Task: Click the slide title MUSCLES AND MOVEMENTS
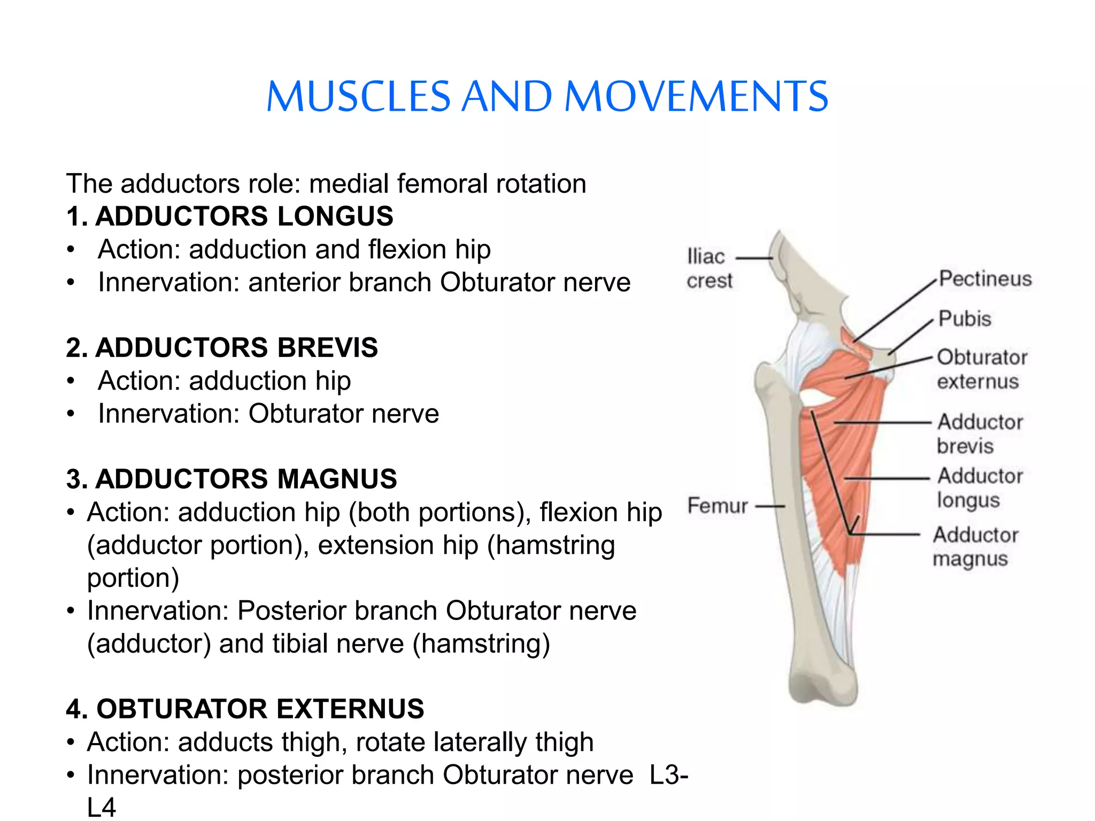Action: click(547, 97)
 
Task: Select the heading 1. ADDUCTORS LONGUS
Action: click(229, 216)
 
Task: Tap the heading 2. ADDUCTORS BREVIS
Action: click(222, 347)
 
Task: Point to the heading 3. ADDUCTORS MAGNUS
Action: click(232, 479)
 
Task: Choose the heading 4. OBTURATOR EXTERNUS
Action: click(245, 709)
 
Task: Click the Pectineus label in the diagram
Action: click(985, 279)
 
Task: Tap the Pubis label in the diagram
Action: click(965, 319)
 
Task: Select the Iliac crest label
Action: click(708, 268)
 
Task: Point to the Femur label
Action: click(717, 506)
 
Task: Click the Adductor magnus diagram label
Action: click(975, 547)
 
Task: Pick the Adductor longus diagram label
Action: click(980, 487)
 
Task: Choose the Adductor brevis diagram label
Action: click(980, 433)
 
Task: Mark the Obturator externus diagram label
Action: click(982, 369)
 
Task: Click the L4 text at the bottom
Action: click(102, 808)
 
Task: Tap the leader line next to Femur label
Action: click(772, 506)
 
